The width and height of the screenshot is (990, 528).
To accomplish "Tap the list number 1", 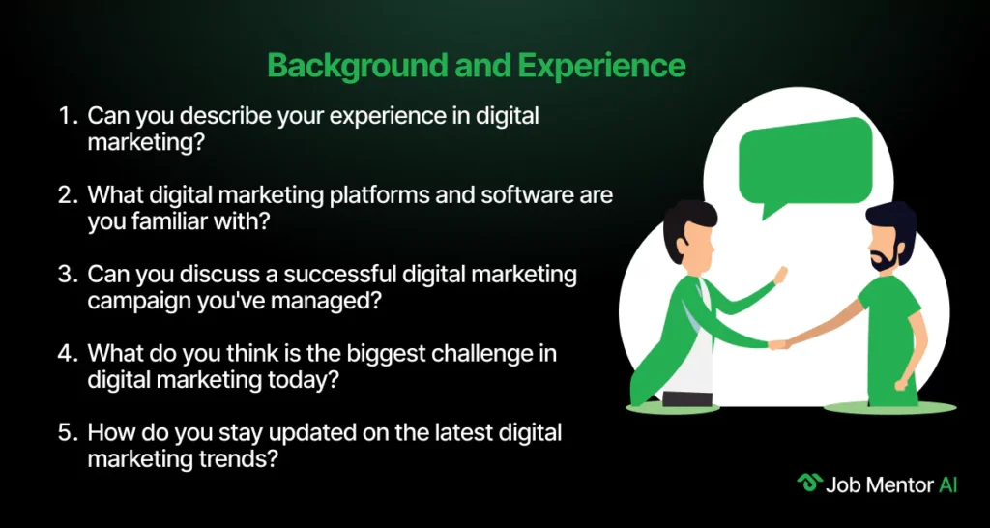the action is pos(66,116).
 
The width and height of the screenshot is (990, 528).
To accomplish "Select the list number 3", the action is pos(66,275).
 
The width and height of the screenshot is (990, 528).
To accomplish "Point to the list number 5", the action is pos(66,433).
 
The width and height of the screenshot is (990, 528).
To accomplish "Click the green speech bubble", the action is pos(805,163).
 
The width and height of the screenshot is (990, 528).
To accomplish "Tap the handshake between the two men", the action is pos(777,344).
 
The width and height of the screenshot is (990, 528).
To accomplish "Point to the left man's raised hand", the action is pos(780,275).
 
